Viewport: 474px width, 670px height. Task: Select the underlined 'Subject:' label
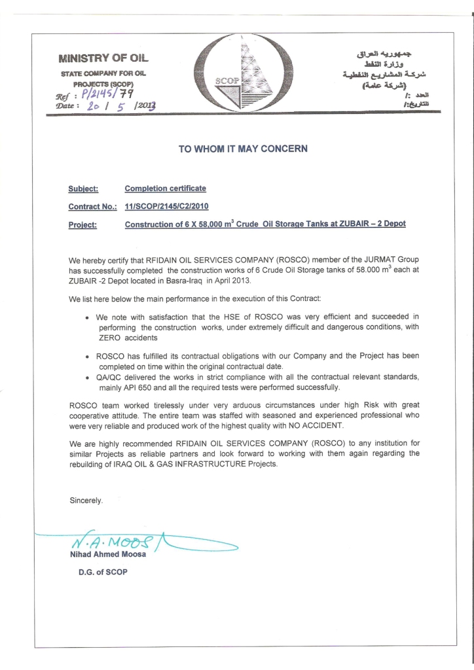(83, 189)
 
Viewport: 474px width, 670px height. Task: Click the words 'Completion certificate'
(165, 188)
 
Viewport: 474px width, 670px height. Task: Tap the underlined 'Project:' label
(82, 224)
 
